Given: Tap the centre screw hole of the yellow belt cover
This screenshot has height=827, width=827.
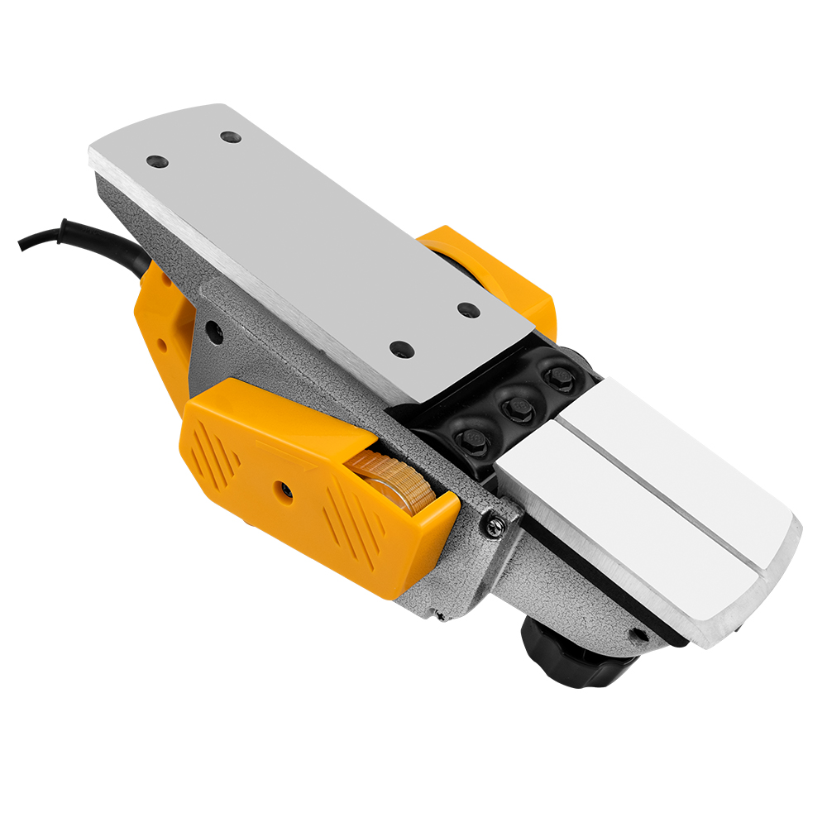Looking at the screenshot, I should tap(285, 491).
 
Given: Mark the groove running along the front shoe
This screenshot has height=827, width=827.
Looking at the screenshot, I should tap(662, 496).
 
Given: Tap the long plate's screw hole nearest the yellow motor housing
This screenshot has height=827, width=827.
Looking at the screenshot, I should tap(468, 310).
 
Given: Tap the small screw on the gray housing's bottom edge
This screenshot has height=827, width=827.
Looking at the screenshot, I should tap(437, 614).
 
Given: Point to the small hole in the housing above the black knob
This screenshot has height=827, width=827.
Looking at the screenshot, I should tap(638, 634).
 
